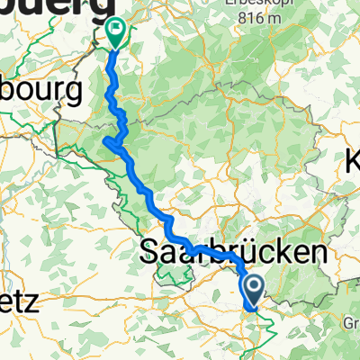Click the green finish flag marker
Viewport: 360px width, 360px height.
[x=115, y=32]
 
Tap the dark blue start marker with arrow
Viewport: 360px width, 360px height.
[x=253, y=291]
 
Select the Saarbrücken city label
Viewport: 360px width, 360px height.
[x=232, y=253]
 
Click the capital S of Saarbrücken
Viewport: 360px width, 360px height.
[x=151, y=253]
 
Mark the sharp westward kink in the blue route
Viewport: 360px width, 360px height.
[x=107, y=140]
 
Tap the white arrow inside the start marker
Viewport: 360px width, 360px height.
[x=253, y=288]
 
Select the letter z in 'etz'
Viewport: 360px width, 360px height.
[x=31, y=302]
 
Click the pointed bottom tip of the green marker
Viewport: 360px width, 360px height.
[x=115, y=47]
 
